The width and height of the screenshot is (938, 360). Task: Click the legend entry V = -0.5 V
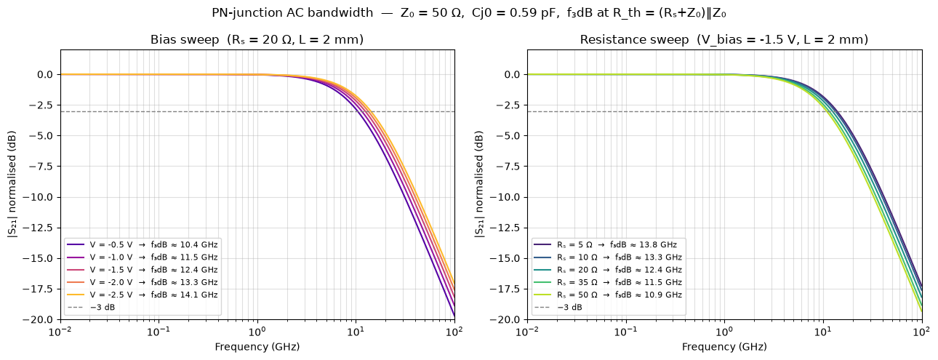point(143,244)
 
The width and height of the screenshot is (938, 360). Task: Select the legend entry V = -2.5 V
point(143,295)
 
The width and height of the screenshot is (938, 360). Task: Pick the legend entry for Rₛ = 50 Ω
point(608,295)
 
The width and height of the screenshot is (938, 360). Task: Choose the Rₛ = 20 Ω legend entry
point(608,270)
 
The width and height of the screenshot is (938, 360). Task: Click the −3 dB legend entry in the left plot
point(91,307)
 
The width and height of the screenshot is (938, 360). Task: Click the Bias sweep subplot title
point(257,40)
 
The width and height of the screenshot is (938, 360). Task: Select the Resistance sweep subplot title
point(724,40)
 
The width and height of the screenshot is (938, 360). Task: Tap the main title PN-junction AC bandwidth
point(469,13)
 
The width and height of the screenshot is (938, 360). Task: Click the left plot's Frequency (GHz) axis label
point(257,347)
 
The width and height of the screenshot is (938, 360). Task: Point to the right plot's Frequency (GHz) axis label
point(724,347)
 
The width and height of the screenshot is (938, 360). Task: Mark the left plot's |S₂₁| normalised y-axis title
point(12,185)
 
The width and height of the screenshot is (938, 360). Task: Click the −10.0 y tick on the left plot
point(41,197)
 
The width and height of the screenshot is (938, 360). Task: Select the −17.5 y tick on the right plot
point(508,289)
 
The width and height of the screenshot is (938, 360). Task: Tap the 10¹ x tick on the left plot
point(356,332)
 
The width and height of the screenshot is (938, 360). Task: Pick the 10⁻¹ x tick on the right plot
point(626,332)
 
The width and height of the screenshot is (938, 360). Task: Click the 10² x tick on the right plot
point(922,332)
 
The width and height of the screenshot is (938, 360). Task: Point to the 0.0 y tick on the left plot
point(45,74)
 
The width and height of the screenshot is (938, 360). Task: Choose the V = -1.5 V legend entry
point(143,270)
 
